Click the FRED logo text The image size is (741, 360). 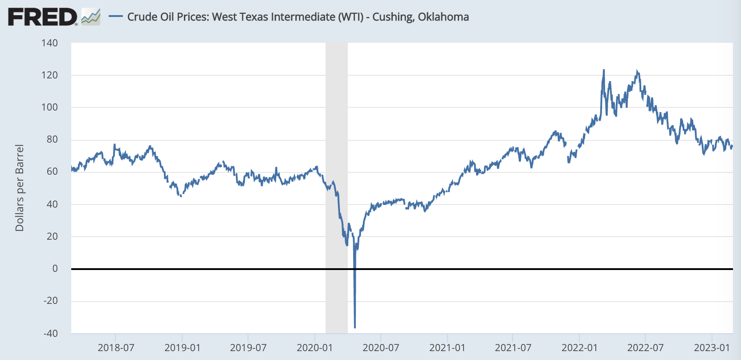pyautogui.click(x=42, y=17)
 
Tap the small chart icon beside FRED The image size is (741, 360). pyautogui.click(x=91, y=17)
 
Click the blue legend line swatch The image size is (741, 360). pyautogui.click(x=115, y=16)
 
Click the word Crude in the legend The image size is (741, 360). pyautogui.click(x=141, y=17)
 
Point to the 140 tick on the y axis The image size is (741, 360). pyautogui.click(x=50, y=43)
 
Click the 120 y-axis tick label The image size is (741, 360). pyautogui.click(x=50, y=75)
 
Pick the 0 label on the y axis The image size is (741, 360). pyautogui.click(x=55, y=268)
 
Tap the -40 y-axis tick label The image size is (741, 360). pyautogui.click(x=50, y=333)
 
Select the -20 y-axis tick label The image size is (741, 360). pyautogui.click(x=50, y=300)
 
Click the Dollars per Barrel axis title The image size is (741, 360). pyautogui.click(x=20, y=188)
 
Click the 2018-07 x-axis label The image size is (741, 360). pyautogui.click(x=116, y=348)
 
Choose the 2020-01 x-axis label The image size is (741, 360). pyautogui.click(x=315, y=348)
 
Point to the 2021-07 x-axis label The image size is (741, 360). pyautogui.click(x=513, y=348)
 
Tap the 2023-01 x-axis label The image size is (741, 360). pyautogui.click(x=712, y=348)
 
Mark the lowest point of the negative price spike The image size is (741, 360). pyautogui.click(x=355, y=327)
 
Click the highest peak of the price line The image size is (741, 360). pyautogui.click(x=604, y=70)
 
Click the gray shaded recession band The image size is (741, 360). pyautogui.click(x=336, y=134)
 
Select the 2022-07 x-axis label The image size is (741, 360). pyautogui.click(x=645, y=348)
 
